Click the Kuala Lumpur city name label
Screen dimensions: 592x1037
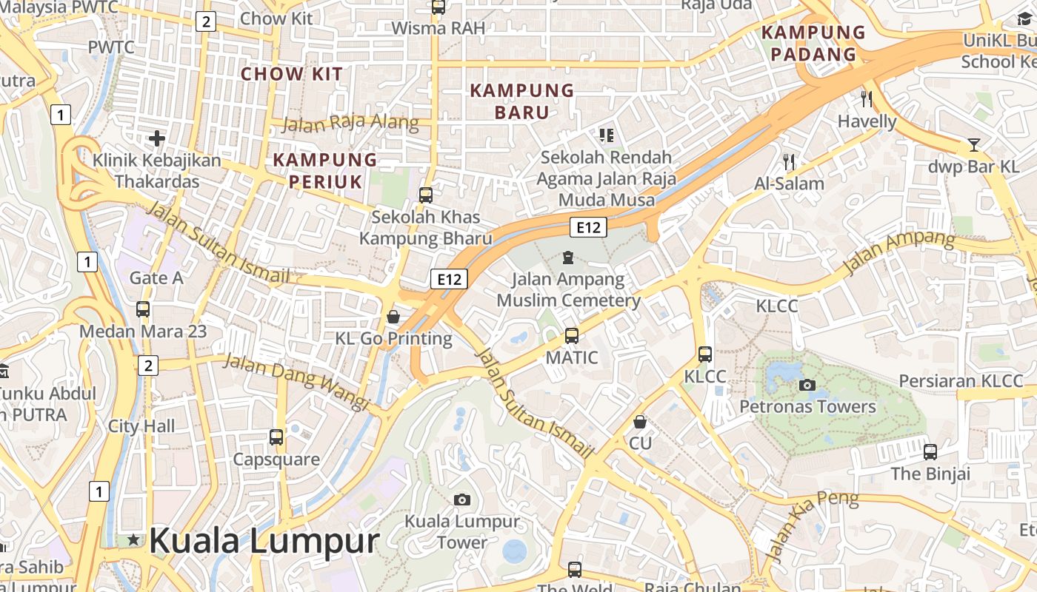point(264,541)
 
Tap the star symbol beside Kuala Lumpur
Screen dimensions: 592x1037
point(133,540)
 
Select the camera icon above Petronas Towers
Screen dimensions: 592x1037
point(807,385)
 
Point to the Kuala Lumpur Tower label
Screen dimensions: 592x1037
point(462,531)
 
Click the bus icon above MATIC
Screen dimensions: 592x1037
point(571,336)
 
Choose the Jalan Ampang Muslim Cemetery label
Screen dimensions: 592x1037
point(568,290)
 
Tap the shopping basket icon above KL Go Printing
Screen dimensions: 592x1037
point(393,317)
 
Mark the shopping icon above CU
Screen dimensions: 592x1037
point(640,422)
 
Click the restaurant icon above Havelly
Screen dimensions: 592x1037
point(867,98)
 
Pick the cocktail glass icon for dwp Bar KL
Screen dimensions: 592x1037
point(973,145)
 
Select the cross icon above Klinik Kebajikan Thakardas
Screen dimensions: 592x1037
point(156,138)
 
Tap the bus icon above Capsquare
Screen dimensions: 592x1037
point(276,437)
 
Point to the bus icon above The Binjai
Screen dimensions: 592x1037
point(930,451)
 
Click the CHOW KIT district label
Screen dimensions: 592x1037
point(292,74)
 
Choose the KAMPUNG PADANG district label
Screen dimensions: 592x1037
point(813,43)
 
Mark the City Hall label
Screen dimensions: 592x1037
point(141,426)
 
